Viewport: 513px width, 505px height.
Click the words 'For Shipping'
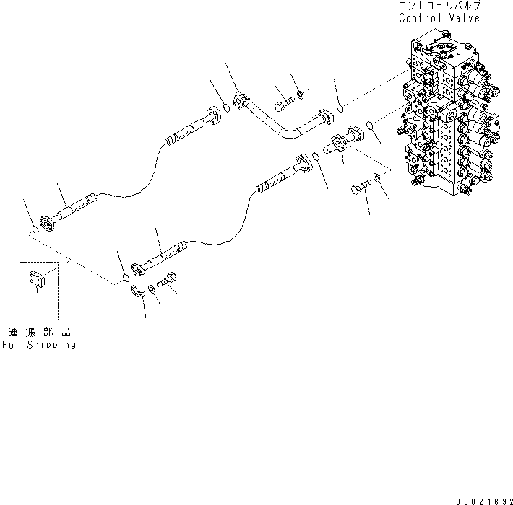[38, 345]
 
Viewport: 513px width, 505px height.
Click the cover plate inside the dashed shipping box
[38, 278]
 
